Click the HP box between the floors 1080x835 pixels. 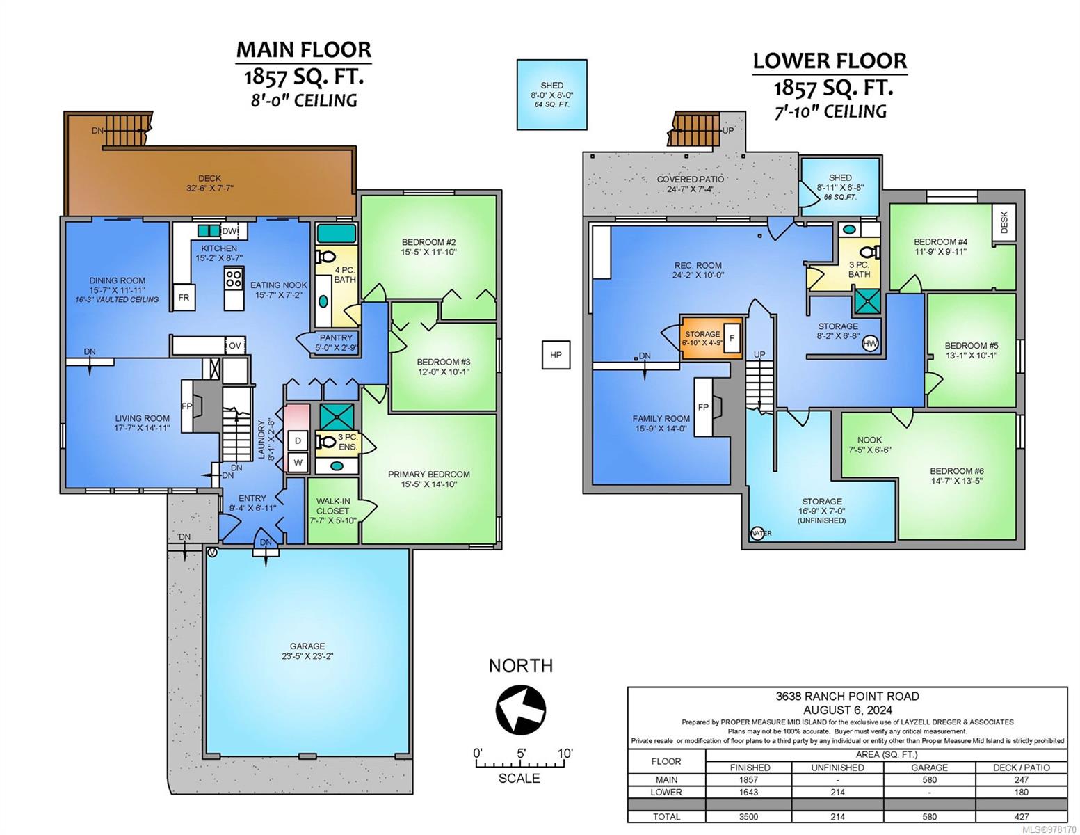(x=556, y=355)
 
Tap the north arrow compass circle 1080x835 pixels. (x=520, y=710)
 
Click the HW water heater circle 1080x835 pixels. (x=870, y=344)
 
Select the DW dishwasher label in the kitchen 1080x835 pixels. (x=229, y=231)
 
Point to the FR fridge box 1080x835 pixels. (x=184, y=297)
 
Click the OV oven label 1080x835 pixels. (x=234, y=346)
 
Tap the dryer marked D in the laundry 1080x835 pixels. (x=298, y=440)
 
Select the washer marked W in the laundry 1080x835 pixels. (x=298, y=463)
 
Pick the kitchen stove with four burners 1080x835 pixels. (x=234, y=278)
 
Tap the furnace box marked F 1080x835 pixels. (x=732, y=338)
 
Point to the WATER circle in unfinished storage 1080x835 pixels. (x=757, y=533)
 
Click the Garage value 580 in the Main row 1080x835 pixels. (x=929, y=780)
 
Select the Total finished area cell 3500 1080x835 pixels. (x=748, y=817)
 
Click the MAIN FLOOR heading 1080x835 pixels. (x=304, y=49)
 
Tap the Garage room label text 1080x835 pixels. (x=307, y=646)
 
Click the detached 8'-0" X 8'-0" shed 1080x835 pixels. (x=551, y=95)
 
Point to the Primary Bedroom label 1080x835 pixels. (x=429, y=475)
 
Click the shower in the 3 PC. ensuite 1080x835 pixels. (x=337, y=417)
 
